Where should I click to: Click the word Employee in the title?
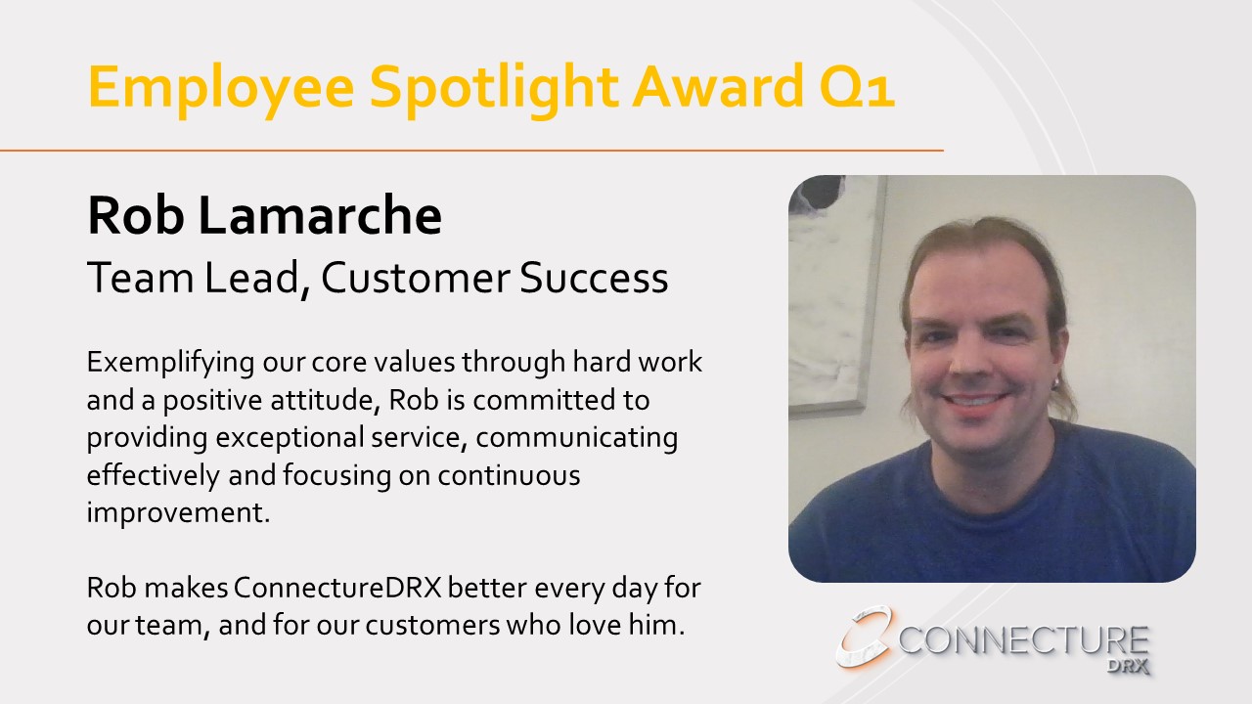point(221,89)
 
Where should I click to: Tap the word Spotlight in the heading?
point(494,89)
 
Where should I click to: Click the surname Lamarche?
point(320,215)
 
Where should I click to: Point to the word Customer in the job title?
point(416,278)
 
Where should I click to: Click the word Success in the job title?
point(594,278)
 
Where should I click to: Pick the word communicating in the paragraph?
point(577,438)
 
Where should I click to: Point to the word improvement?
point(178,513)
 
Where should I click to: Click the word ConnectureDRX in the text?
point(337,588)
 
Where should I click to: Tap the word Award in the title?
point(718,87)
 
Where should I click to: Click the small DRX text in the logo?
point(1128,666)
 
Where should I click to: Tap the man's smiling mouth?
point(973,400)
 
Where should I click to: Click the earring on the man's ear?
point(1057,382)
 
